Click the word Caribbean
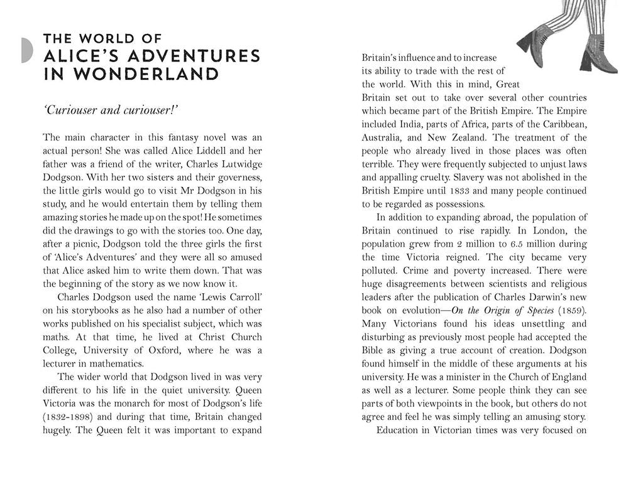(561, 124)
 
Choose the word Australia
(383, 137)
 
